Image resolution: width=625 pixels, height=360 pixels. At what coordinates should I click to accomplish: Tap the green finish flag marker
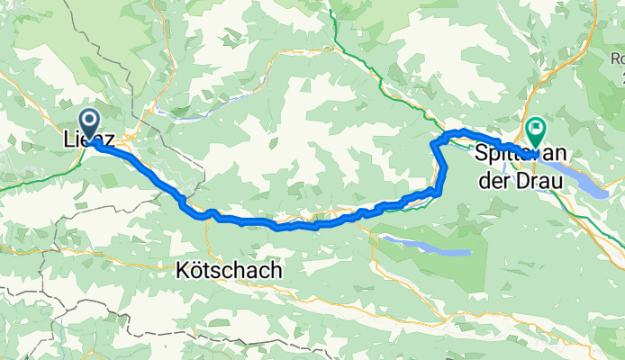(536, 131)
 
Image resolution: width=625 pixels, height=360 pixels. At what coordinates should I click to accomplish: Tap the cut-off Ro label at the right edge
(617, 58)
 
